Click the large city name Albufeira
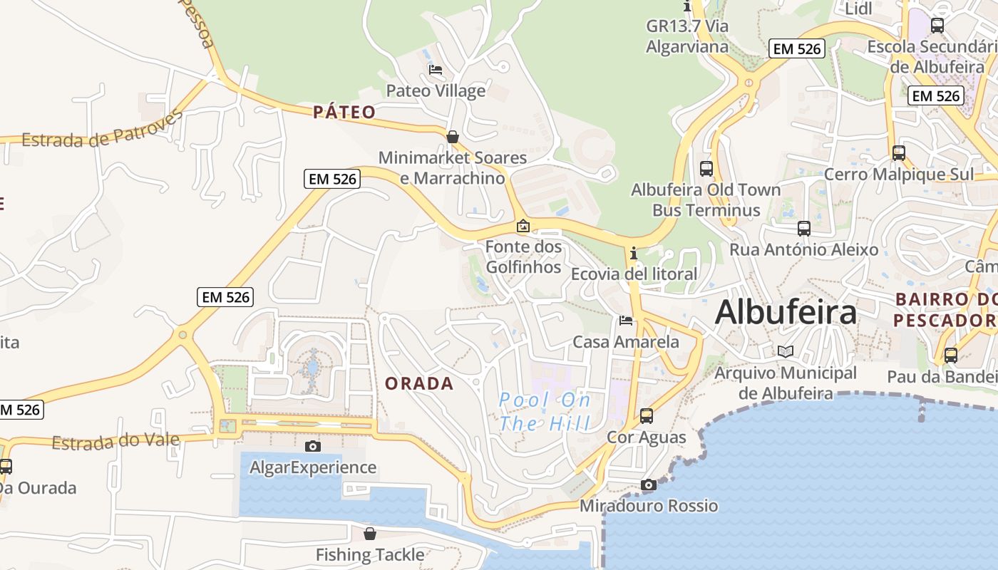[786, 312]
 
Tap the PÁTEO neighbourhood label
[344, 112]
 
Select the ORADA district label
[419, 383]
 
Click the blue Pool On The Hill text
[545, 412]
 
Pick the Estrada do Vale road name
[115, 442]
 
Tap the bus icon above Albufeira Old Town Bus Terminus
[706, 169]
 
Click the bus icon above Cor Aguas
[647, 416]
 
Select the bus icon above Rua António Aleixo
[804, 229]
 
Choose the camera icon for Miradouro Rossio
[648, 485]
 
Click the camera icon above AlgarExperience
[312, 447]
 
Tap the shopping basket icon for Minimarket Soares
[452, 137]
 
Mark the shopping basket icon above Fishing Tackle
[370, 534]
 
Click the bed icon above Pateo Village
[436, 70]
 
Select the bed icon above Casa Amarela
[626, 321]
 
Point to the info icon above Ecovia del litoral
[633, 253]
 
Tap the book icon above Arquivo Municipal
[786, 352]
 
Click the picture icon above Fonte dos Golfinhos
[523, 227]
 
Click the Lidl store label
[858, 9]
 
